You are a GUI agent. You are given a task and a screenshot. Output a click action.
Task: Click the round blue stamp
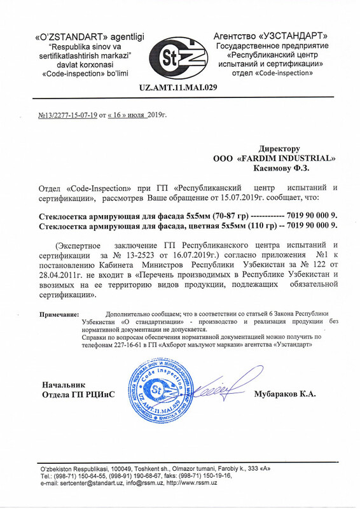click(x=159, y=393)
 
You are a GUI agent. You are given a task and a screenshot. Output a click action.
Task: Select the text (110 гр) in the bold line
click(x=254, y=227)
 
